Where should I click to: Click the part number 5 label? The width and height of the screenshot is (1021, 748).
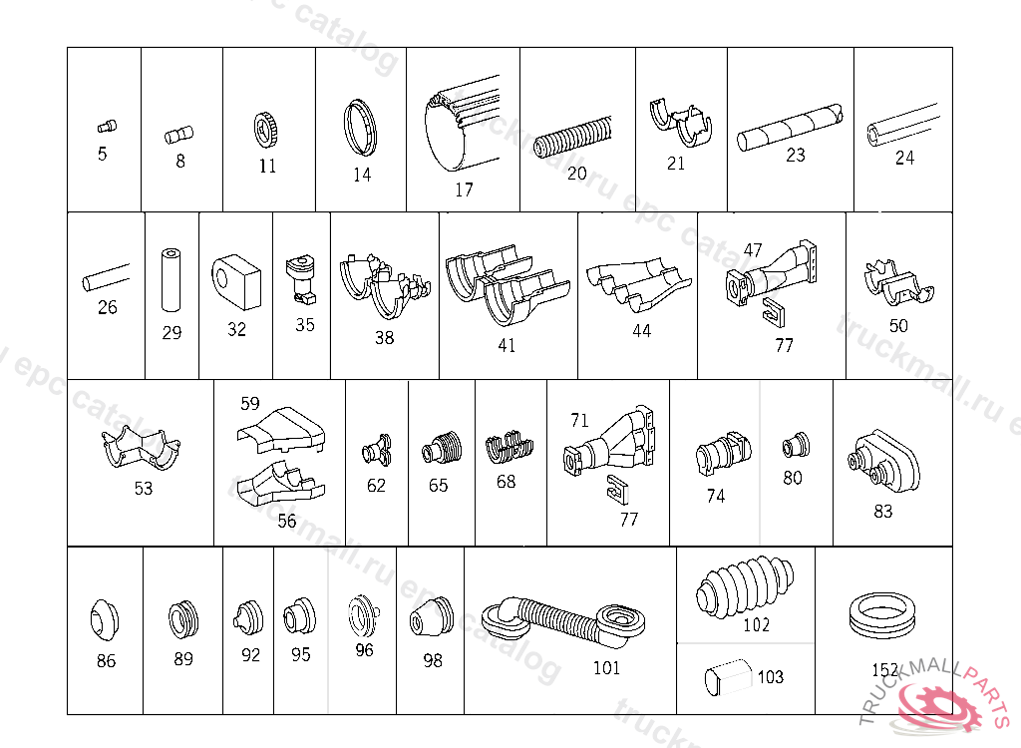click(x=103, y=155)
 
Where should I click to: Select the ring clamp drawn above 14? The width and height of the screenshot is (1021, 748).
click(x=362, y=127)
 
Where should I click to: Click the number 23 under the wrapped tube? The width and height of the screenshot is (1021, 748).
click(x=795, y=156)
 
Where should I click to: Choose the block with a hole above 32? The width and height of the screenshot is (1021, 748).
click(x=235, y=279)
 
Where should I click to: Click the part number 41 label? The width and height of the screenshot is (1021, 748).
click(x=507, y=346)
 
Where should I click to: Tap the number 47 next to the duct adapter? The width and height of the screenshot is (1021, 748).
click(x=753, y=250)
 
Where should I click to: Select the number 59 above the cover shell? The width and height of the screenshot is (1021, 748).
click(x=250, y=404)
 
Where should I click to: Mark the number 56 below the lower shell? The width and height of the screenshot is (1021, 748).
click(x=287, y=521)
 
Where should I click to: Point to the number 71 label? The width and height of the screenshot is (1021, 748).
click(x=579, y=420)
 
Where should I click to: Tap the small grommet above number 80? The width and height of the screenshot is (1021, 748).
click(x=795, y=442)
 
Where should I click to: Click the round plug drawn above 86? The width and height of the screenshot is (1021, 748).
click(x=105, y=620)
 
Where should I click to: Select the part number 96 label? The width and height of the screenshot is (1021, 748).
click(x=364, y=650)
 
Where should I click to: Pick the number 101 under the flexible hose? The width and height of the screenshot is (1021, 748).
click(x=606, y=668)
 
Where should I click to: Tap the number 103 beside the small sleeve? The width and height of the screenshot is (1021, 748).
click(x=771, y=677)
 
